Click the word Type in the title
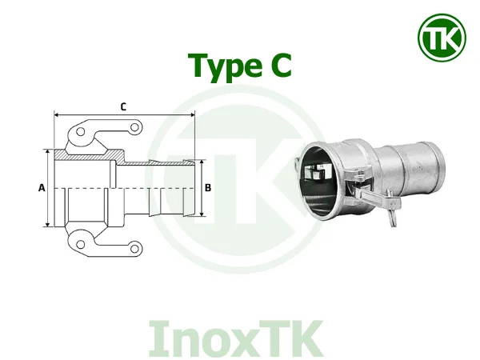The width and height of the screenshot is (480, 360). click(218, 66)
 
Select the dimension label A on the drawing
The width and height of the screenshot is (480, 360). click(41, 188)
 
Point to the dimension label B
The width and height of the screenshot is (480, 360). click(208, 188)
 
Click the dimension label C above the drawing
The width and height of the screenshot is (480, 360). click(122, 106)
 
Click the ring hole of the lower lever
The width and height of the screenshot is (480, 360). click(136, 249)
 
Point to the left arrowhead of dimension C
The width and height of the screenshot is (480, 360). click(57, 115)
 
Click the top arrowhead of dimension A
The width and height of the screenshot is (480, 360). click(50, 152)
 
